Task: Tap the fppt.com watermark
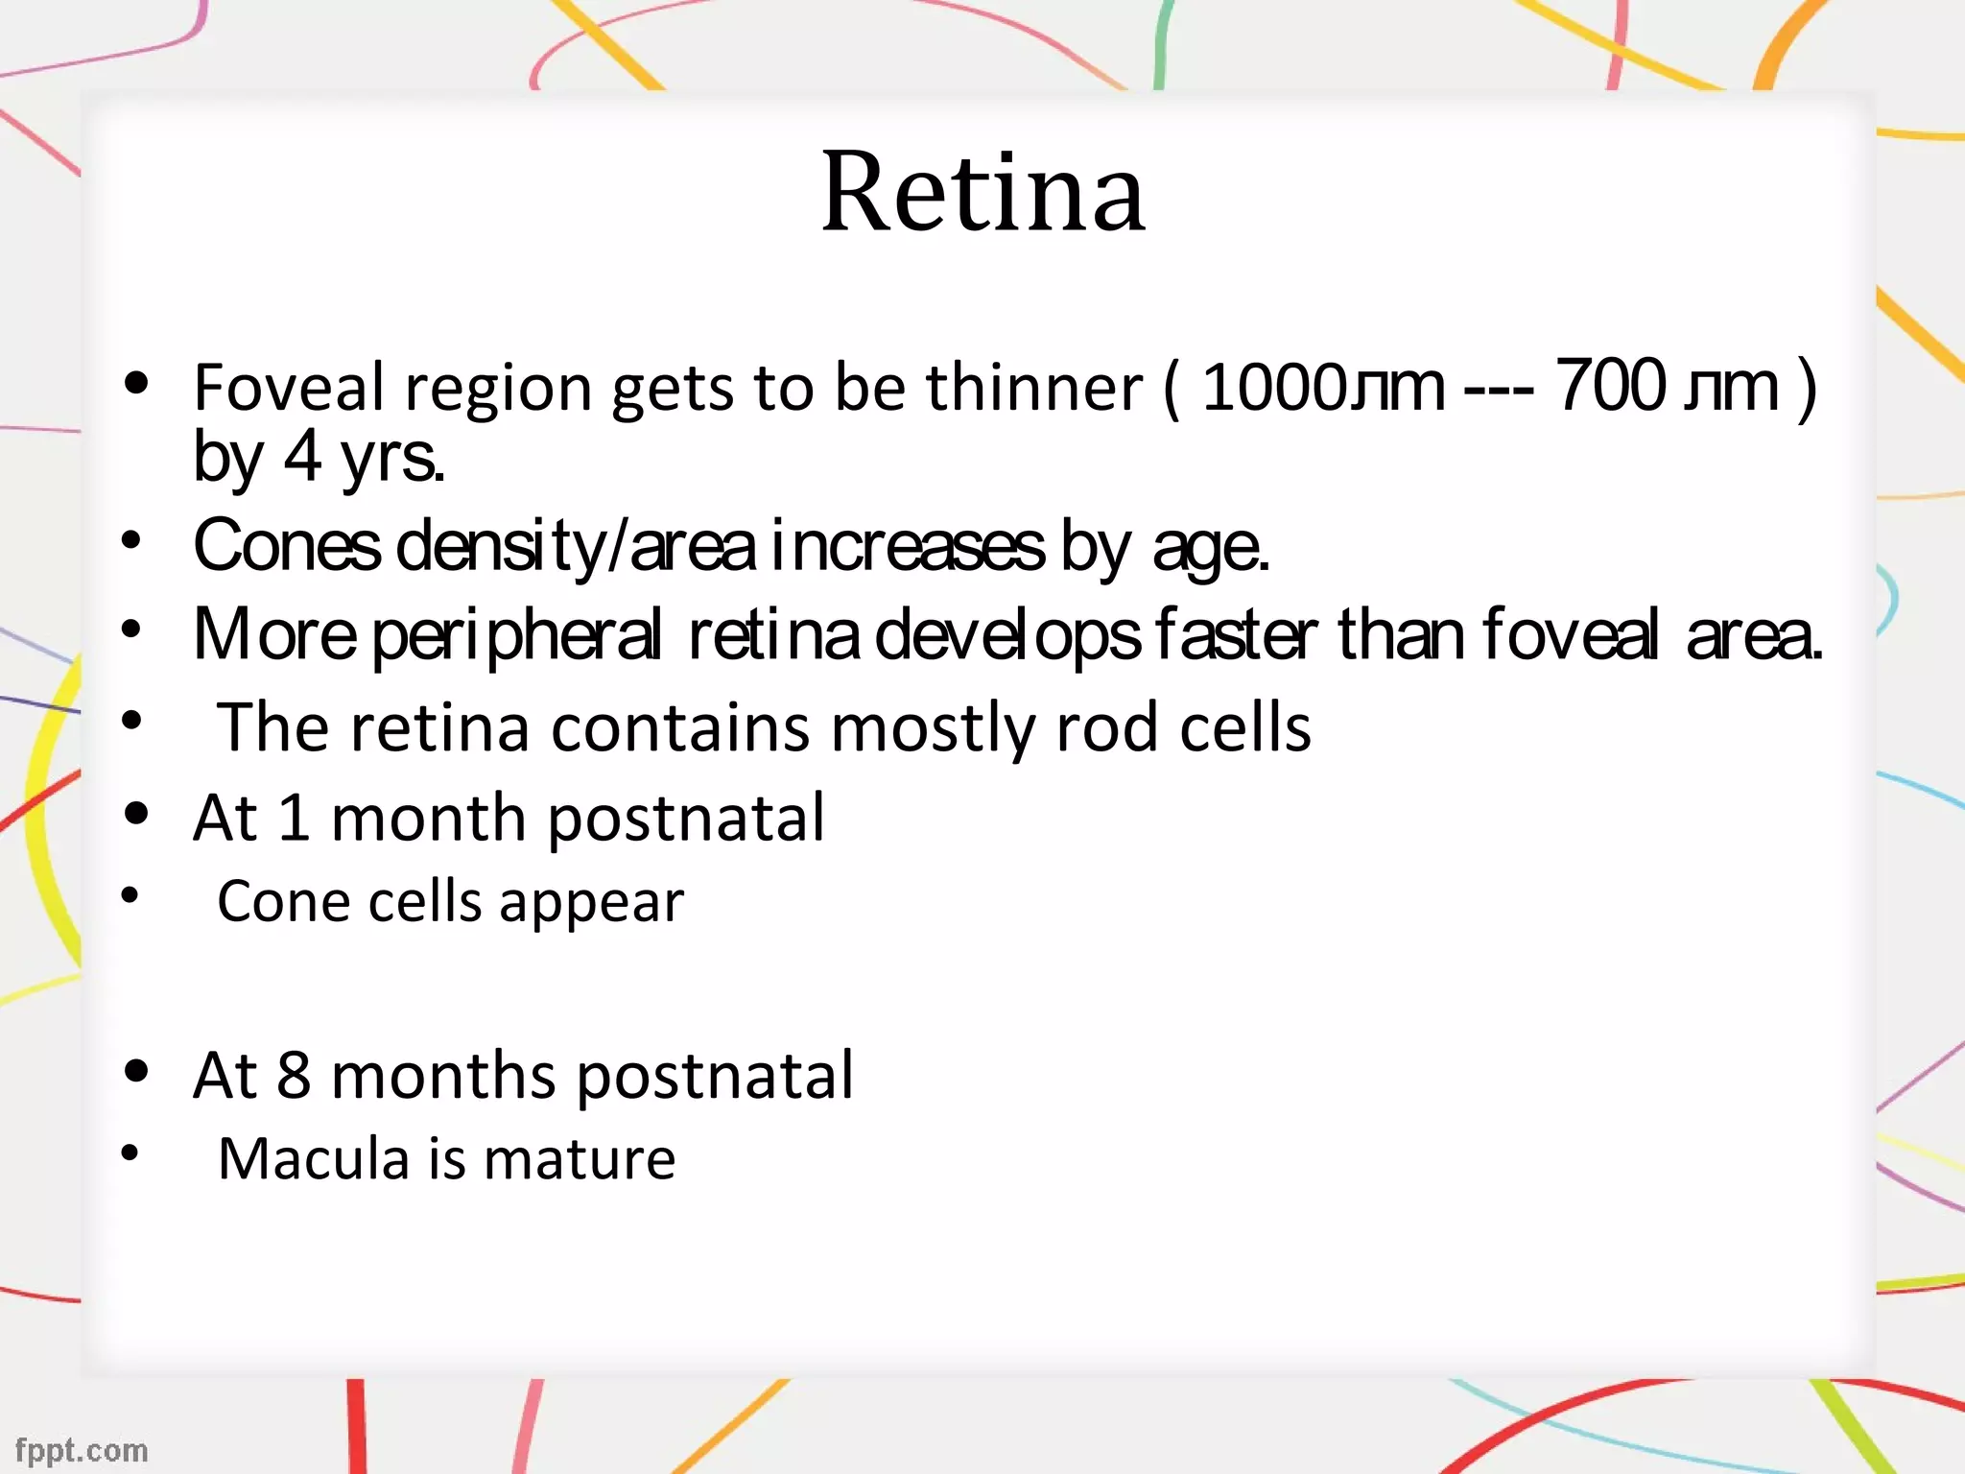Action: [x=82, y=1450]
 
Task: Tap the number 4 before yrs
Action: [x=302, y=457]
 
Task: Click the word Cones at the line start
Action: [x=287, y=546]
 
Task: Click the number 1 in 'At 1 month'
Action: [x=293, y=818]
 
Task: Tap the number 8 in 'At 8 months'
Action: [x=294, y=1075]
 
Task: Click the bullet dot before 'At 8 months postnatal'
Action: [x=137, y=1070]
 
